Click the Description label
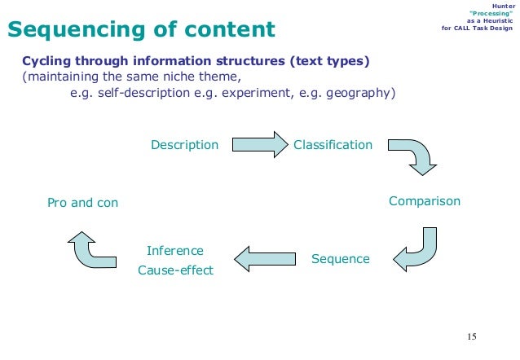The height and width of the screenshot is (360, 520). tap(184, 145)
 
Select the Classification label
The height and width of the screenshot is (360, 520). tap(333, 145)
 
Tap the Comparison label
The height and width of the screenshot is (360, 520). tap(424, 201)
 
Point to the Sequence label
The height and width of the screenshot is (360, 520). tap(340, 259)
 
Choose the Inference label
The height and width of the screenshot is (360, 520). tap(174, 250)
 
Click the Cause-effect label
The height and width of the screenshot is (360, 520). tap(175, 270)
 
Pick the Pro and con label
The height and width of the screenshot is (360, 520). tap(82, 202)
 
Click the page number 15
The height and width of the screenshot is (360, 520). tap(471, 336)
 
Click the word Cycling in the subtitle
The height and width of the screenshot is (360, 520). tap(47, 61)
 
